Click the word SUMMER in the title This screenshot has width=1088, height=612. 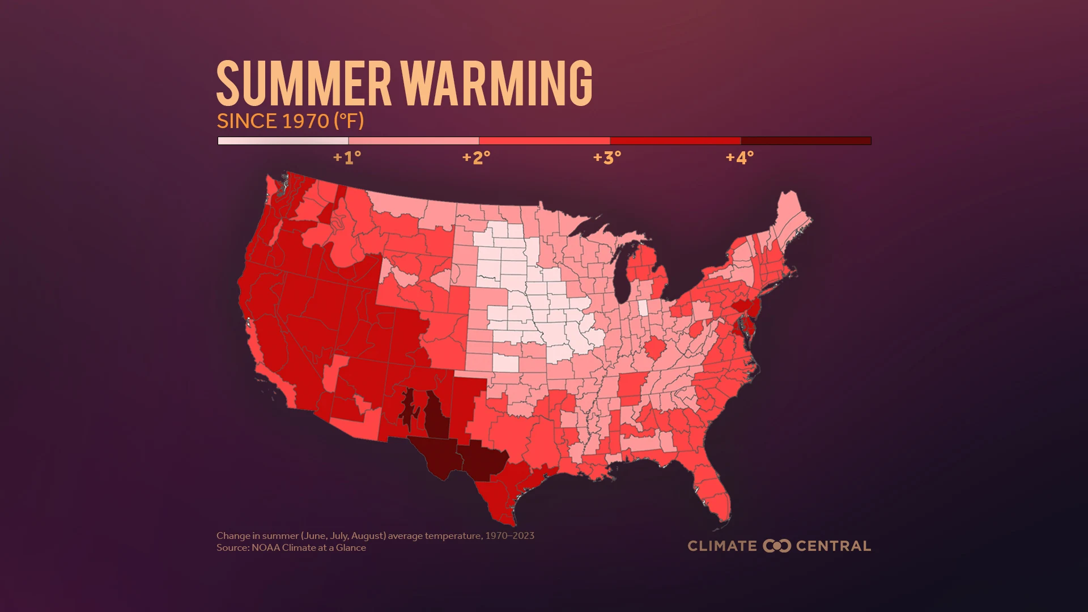coord(304,84)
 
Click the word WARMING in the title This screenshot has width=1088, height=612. coord(499,84)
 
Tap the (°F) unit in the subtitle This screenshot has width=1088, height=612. coord(348,121)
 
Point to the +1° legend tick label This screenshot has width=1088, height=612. coord(347,158)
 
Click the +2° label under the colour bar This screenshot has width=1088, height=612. coord(477,158)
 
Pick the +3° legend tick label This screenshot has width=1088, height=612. coord(607,158)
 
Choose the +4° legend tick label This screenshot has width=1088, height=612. coord(739,158)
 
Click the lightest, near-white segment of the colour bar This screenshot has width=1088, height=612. coord(283,141)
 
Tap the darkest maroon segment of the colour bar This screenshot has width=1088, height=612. coord(805,141)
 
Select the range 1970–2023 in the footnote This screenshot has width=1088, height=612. coord(509,535)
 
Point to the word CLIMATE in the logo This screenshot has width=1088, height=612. coord(722,546)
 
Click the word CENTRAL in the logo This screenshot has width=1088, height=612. coord(833,546)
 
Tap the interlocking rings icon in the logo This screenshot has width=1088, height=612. coord(776,546)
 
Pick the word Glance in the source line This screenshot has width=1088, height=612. coord(351,548)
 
